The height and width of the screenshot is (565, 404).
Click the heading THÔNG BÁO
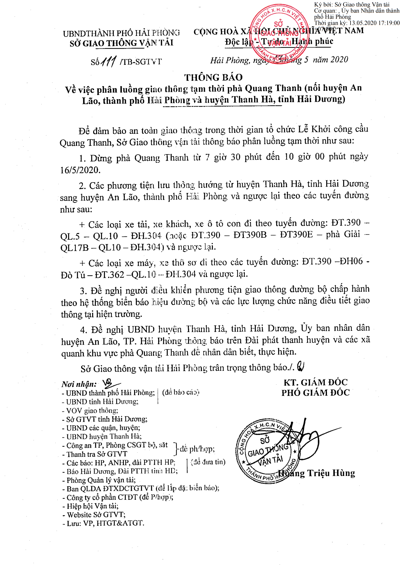coord(213,77)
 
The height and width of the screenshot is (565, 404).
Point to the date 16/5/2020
coord(80,170)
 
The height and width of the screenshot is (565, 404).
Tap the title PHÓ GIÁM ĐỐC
coord(315,393)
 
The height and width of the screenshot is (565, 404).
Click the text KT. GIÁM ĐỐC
coord(315,383)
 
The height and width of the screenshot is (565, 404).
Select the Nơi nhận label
coord(79,384)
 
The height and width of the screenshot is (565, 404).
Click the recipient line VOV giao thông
coord(90,411)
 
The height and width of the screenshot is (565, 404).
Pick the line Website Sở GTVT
coord(94,515)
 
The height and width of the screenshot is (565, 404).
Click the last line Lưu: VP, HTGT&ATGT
coord(103,523)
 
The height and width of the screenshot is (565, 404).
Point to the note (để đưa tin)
coord(208,462)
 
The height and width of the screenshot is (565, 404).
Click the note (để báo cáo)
coord(181,392)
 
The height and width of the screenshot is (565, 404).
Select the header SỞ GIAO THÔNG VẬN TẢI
coord(122,43)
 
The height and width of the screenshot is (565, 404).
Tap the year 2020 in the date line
coord(339,60)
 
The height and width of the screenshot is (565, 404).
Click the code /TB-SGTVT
coord(140,62)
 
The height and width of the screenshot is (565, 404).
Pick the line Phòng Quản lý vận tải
coord(99,480)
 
